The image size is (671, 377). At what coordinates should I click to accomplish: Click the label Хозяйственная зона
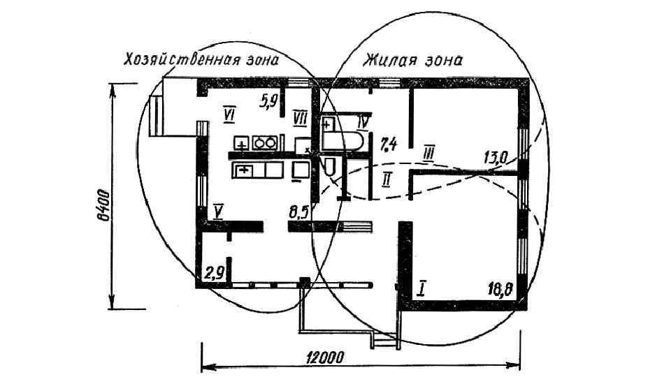[x=201, y=59]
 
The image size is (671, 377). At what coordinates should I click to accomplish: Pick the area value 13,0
[x=494, y=156]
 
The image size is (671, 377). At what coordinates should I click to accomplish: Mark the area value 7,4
[x=389, y=145]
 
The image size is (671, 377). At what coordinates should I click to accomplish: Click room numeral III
[x=429, y=151]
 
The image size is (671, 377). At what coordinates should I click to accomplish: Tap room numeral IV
[x=362, y=122]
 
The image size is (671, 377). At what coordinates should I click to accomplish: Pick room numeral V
[x=219, y=210]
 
